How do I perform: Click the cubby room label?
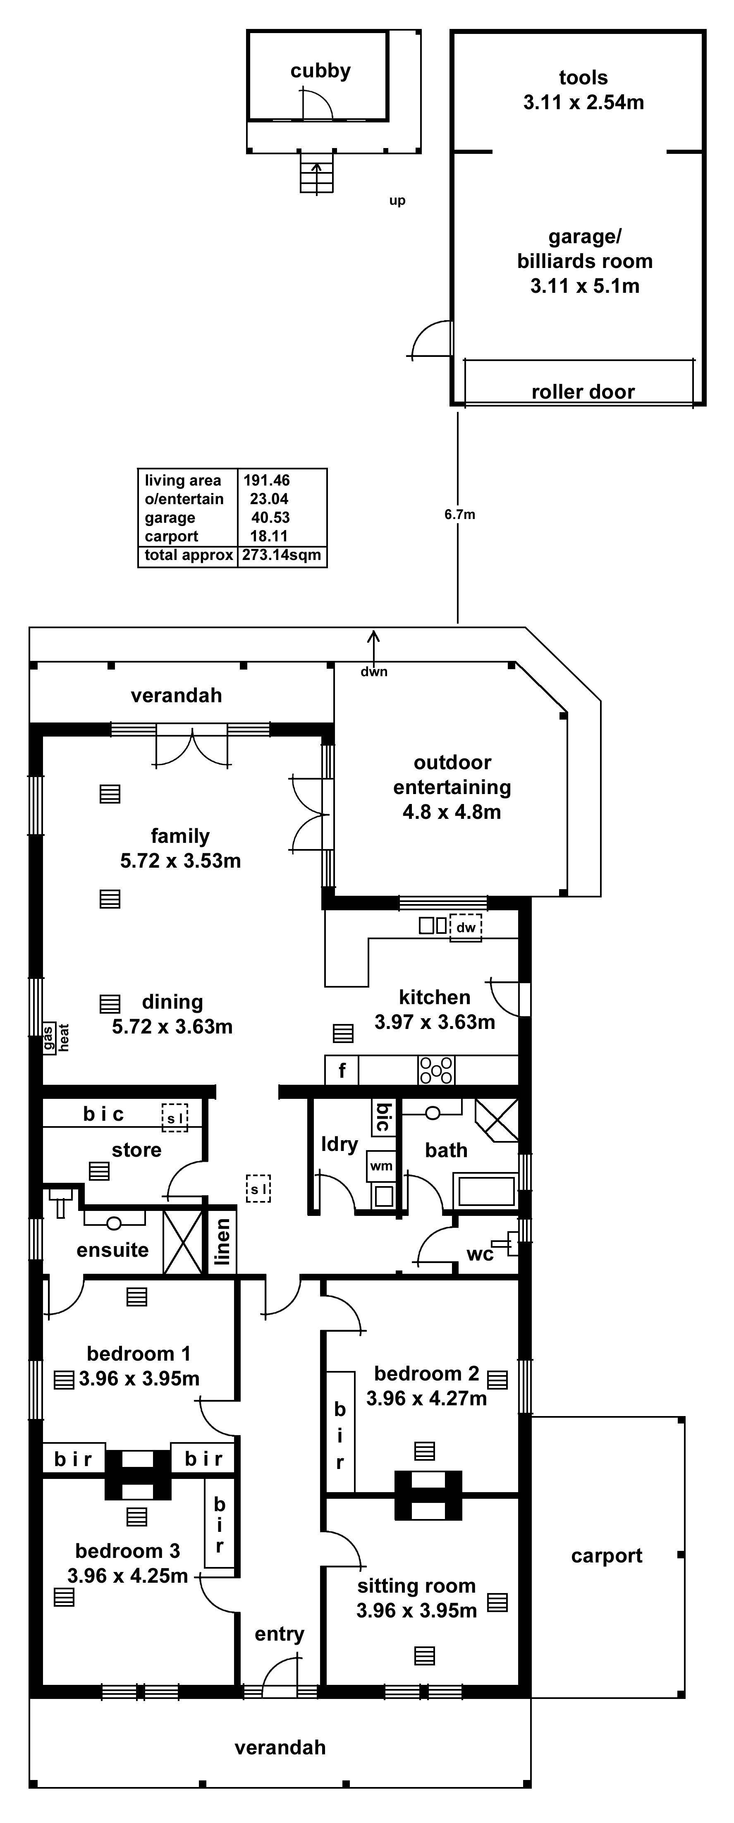320,71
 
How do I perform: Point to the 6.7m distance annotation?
459,514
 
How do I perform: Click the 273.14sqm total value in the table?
282,555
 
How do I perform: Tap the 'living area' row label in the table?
183,481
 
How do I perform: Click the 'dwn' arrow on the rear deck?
373,646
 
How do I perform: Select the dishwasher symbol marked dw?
465,927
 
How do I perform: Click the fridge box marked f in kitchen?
342,1070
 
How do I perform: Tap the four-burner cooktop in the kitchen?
436,1070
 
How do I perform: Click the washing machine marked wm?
381,1165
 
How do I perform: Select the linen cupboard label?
222,1241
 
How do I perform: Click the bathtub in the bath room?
487,1190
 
